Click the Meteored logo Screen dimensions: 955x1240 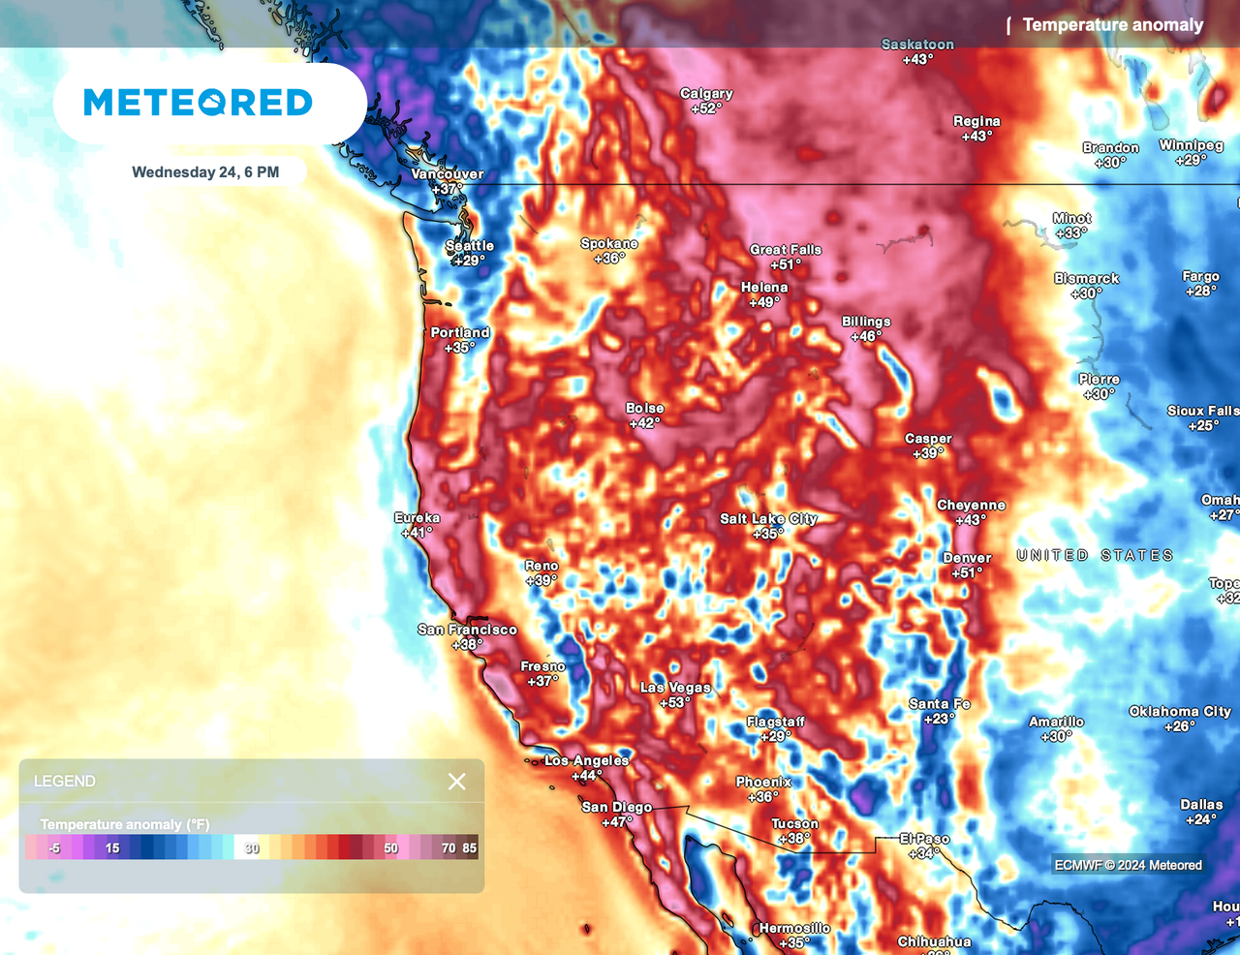pos(199,102)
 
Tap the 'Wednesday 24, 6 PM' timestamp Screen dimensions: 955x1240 pos(205,172)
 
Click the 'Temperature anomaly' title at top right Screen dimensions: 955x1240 pos(1112,25)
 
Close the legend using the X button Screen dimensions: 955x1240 pos(456,782)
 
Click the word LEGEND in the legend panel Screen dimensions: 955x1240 pos(65,782)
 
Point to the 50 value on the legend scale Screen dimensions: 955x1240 pos(390,848)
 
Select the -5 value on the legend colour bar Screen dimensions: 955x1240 pos(54,848)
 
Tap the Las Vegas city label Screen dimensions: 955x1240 pos(675,688)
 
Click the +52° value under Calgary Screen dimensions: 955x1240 pos(706,108)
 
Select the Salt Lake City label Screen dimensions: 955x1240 pos(768,518)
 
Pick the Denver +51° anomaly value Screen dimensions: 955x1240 pos(967,573)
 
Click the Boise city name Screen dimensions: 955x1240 pos(644,408)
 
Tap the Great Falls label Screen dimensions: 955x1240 pos(785,250)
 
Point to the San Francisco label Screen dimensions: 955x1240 pos(467,630)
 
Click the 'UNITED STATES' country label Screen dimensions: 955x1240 pos(1095,555)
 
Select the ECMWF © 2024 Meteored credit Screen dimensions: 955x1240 pos(1128,865)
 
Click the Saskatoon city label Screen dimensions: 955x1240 pos(917,45)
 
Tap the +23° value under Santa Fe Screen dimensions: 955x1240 pos(939,719)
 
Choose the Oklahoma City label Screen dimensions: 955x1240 pos(1179,711)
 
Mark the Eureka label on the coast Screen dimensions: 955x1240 pos(417,518)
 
